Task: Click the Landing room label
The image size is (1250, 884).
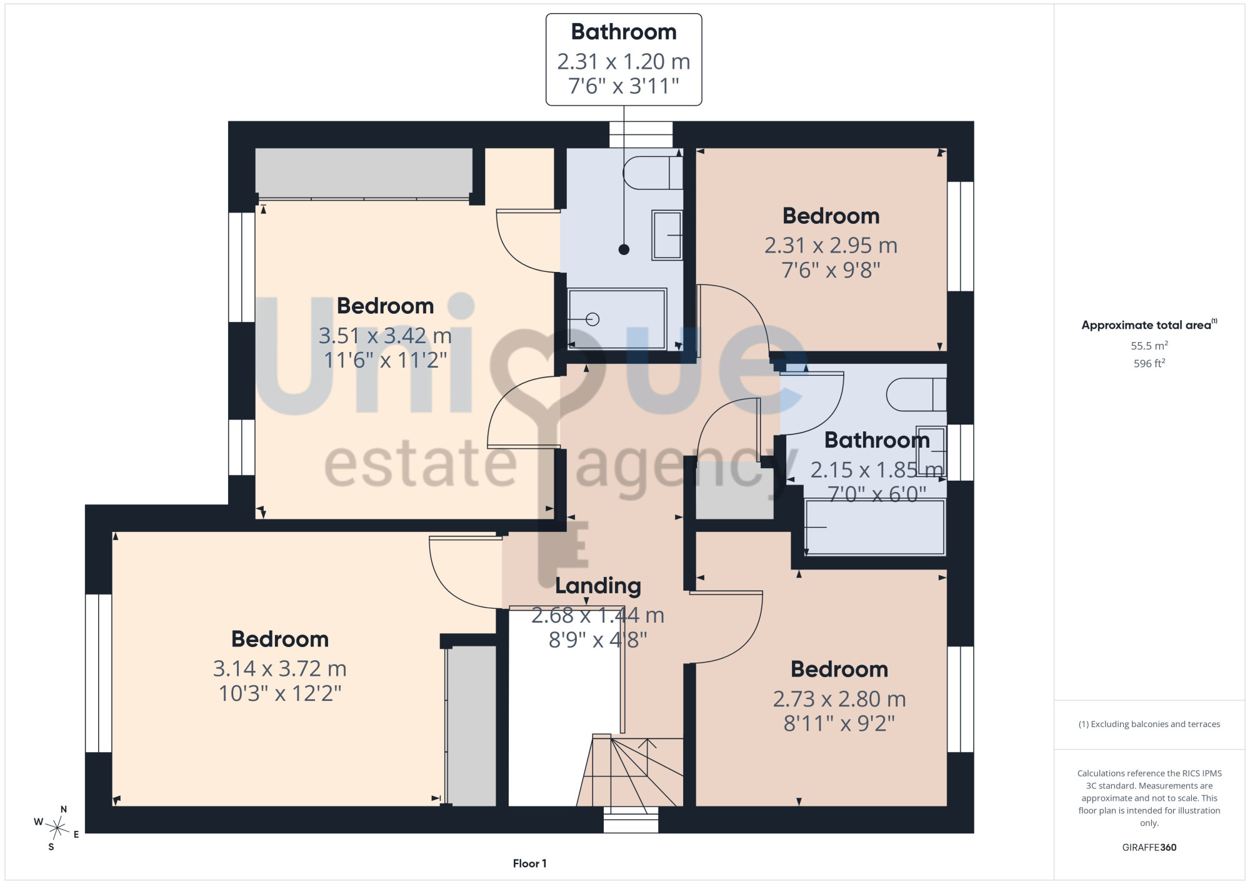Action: (598, 586)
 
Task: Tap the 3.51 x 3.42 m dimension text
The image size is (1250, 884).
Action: (385, 336)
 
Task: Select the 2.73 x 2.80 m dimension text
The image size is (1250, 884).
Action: (839, 699)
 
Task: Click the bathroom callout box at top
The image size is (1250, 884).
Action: (624, 59)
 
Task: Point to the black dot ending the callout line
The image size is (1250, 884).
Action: (624, 249)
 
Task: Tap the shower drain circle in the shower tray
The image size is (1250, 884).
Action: (592, 319)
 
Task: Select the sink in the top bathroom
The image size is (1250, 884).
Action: (667, 235)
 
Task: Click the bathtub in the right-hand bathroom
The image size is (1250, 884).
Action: (874, 526)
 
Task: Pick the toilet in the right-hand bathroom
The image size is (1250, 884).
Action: (916, 394)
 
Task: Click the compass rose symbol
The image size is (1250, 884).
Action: (57, 828)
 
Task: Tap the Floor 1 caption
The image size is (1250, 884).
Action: (529, 863)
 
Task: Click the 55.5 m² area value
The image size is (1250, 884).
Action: (1149, 345)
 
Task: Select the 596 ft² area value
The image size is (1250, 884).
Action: (1149, 363)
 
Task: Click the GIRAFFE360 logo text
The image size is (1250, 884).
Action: (1149, 847)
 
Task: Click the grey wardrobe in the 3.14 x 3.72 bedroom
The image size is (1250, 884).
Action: (472, 726)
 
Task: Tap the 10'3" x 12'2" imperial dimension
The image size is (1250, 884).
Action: (280, 693)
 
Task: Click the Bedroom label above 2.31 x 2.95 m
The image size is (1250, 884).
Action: (831, 216)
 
